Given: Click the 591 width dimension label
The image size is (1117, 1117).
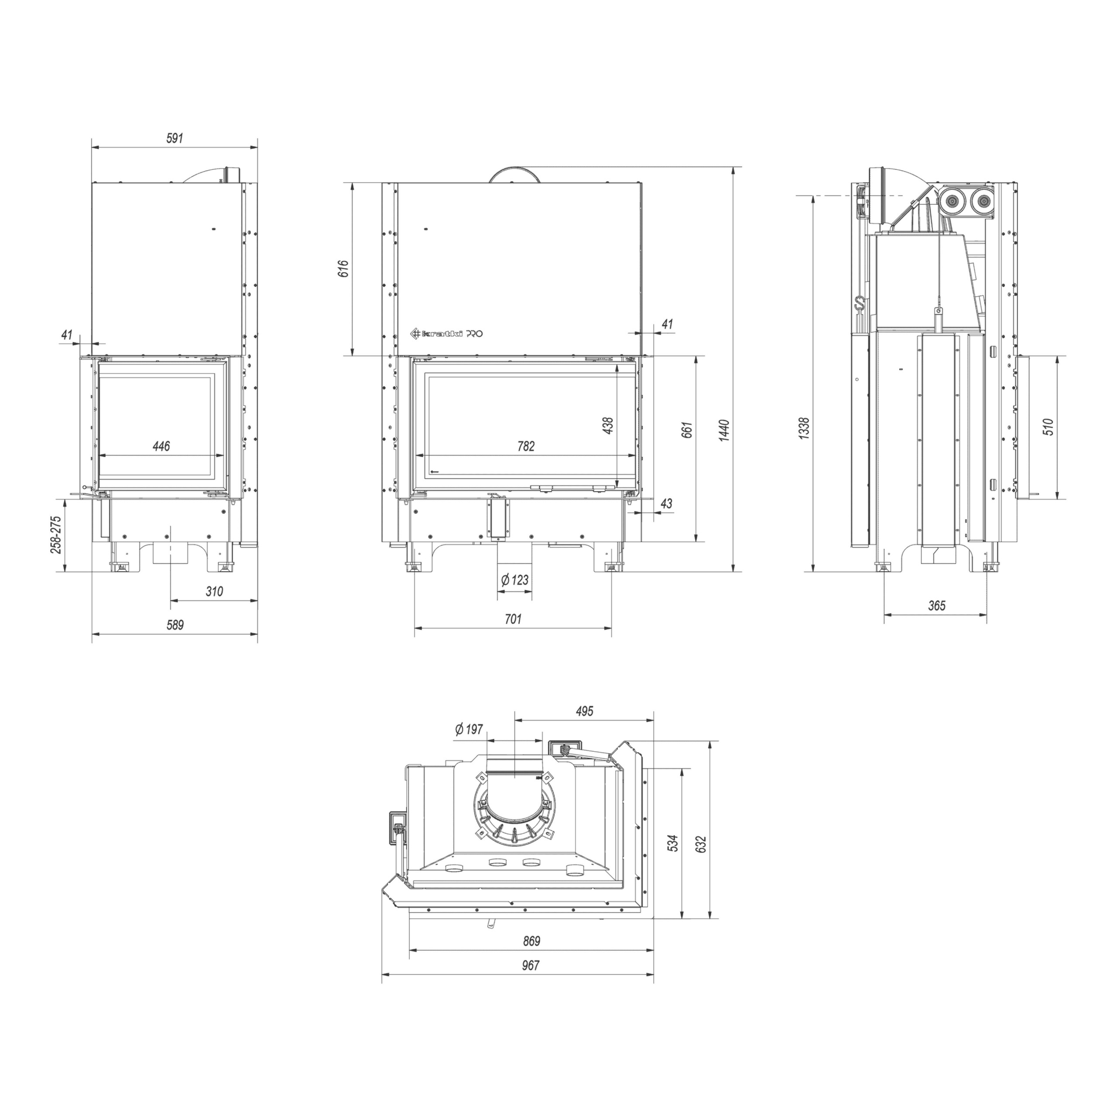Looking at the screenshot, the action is point(175,138).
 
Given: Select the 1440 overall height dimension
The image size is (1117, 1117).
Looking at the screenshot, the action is point(725,430).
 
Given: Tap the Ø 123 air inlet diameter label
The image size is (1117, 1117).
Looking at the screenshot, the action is point(514,579).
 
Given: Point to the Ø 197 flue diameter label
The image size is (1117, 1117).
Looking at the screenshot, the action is point(469,730).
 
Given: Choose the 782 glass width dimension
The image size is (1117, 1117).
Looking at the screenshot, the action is point(526,446).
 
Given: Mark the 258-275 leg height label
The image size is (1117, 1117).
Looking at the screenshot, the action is point(56,535).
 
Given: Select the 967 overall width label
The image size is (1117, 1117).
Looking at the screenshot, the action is point(530,966).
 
